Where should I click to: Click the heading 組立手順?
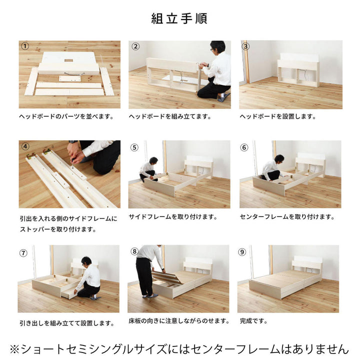pos(179,18)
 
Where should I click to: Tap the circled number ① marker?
pos(25,46)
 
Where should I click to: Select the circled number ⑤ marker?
pos(134,147)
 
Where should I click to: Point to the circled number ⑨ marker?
pos(242,252)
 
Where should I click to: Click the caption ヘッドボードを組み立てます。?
pos(170,116)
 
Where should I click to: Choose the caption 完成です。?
pos(254,320)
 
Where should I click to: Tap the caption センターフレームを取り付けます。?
pos(287,216)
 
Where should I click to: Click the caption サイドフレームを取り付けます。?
pos(173,216)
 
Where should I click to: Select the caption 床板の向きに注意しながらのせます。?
pos(179,320)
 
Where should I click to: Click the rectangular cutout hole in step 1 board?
pos(68,60)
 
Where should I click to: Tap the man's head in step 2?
pos(217,47)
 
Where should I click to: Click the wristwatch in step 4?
pos(73,141)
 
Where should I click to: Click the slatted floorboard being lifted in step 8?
pos(169,278)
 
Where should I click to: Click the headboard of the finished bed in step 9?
pos(307,267)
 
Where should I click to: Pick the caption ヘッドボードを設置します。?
pos(278,116)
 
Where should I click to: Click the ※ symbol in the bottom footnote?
pos(14,349)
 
